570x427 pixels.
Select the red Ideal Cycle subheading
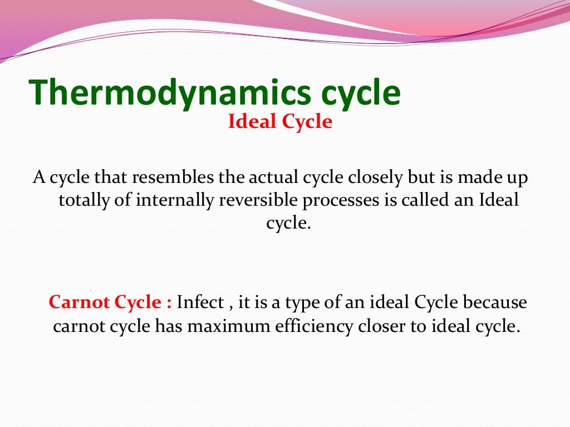tap(280, 122)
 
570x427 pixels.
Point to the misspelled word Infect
tap(200, 303)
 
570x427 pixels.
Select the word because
tap(496, 303)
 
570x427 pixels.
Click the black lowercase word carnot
tap(78, 326)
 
